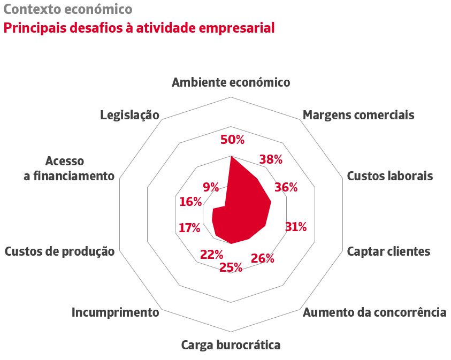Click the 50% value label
[x=232, y=140]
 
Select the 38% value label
[x=271, y=159]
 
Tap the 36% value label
[x=286, y=187]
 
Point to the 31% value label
[x=296, y=227]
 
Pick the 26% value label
[x=263, y=259]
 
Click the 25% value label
[x=231, y=267]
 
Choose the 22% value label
[x=211, y=255]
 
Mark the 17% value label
[x=189, y=228]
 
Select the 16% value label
[x=190, y=202]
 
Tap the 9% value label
[x=211, y=187]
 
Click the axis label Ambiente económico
[x=231, y=82]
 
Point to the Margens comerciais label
[x=358, y=115]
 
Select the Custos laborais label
[x=390, y=176]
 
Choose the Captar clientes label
[x=388, y=251]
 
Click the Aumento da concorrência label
[x=374, y=312]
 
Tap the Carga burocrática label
[x=231, y=345]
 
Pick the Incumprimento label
[x=116, y=312]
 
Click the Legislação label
[x=130, y=115]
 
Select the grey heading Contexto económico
[x=68, y=10]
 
